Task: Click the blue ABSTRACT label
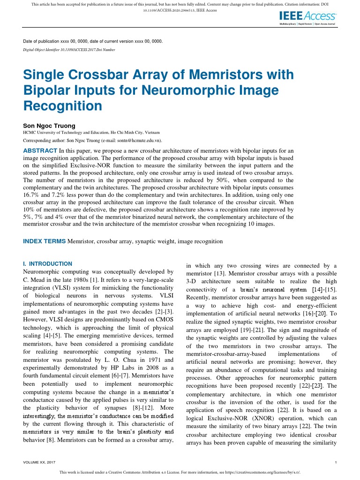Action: [x=40, y=150]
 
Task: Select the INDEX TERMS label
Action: [x=45, y=241]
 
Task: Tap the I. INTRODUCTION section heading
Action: [x=48, y=264]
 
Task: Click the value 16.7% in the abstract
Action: [x=31, y=193]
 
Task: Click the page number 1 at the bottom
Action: [x=337, y=463]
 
